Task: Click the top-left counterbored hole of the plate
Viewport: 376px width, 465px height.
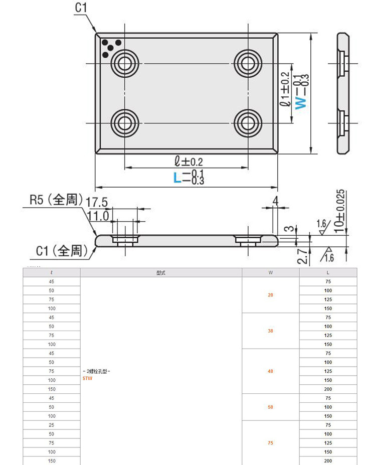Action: tap(124, 63)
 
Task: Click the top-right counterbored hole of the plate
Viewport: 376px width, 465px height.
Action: tap(247, 63)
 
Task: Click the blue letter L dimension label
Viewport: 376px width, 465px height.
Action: tap(176, 177)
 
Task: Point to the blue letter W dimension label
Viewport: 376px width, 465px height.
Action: tap(301, 102)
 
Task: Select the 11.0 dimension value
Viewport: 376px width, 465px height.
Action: tap(98, 216)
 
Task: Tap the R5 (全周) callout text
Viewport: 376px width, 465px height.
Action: tap(55, 200)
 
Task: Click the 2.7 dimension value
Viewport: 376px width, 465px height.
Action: tap(300, 256)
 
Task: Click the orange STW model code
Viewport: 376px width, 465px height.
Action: tap(87, 379)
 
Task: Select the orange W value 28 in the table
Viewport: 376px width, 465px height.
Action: tap(271, 295)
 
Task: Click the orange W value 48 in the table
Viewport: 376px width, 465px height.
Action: tap(271, 371)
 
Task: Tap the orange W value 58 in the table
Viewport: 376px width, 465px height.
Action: tap(271, 407)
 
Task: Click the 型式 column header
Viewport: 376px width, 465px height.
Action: tap(161, 272)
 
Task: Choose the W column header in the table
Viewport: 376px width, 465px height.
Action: tap(271, 272)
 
